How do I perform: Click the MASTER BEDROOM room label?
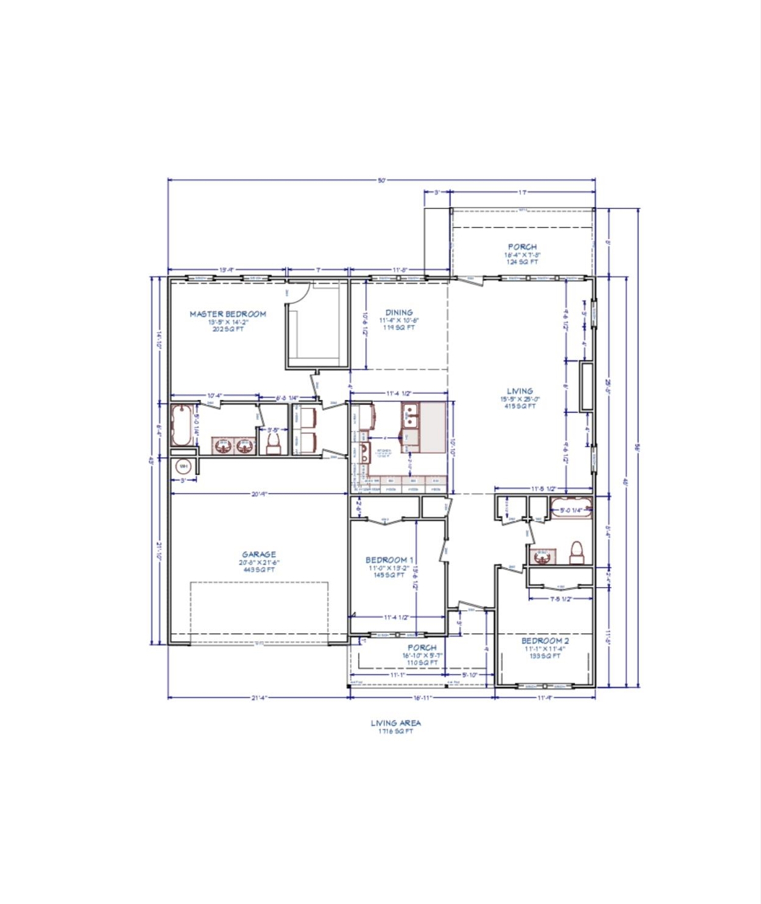tap(228, 314)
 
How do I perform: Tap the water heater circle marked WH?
tap(183, 466)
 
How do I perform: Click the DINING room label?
tap(399, 312)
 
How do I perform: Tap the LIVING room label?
tap(520, 391)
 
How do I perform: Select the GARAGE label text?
tap(259, 555)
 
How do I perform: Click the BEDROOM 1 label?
tap(390, 560)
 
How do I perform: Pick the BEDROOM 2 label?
tap(545, 641)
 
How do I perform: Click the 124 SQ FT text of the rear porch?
tap(522, 262)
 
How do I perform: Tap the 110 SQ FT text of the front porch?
tap(422, 663)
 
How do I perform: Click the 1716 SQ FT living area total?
tap(395, 731)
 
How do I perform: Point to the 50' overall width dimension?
tap(381, 180)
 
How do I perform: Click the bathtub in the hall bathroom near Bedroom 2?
tap(571, 508)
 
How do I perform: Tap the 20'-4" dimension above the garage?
tap(259, 494)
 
